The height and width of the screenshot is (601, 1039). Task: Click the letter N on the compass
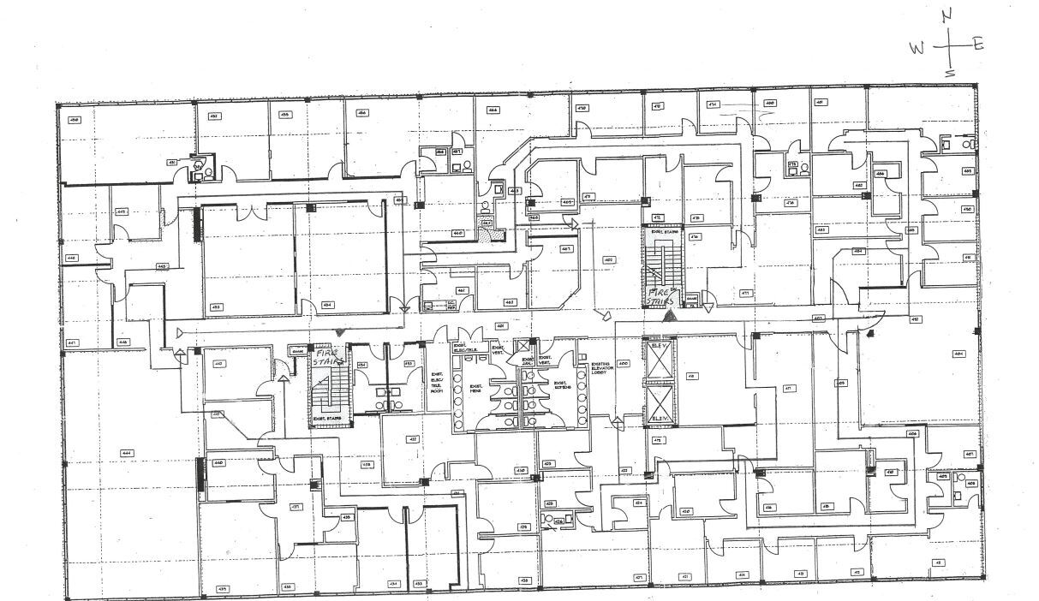pyautogui.click(x=946, y=15)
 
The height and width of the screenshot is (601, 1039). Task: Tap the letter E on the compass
pyautogui.click(x=977, y=45)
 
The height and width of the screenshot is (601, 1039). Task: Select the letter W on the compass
pyautogui.click(x=917, y=49)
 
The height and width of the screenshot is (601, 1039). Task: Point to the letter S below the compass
pyautogui.click(x=949, y=73)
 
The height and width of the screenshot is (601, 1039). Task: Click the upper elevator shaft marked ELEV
pyautogui.click(x=659, y=360)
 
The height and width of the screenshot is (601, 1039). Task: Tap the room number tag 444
pyautogui.click(x=126, y=452)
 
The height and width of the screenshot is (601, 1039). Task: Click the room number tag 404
pyautogui.click(x=958, y=353)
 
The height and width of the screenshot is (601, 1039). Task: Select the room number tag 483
pyautogui.click(x=821, y=229)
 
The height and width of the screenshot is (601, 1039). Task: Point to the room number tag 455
pyautogui.click(x=285, y=114)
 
